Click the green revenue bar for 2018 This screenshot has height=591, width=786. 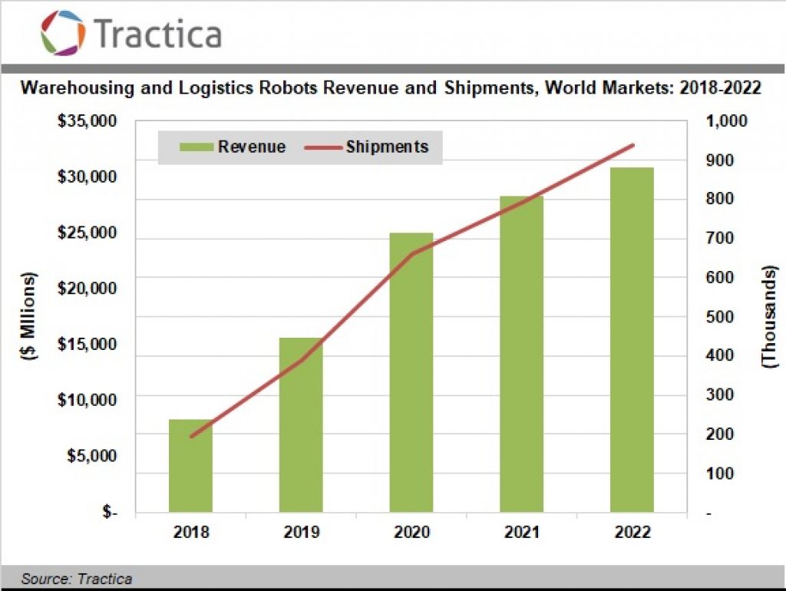[190, 465]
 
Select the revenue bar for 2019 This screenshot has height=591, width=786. [301, 424]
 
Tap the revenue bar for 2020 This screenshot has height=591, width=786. [411, 372]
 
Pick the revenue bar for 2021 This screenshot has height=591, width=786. [521, 354]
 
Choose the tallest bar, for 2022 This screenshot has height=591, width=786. [632, 339]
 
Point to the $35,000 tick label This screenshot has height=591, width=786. [87, 122]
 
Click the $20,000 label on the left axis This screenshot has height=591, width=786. [87, 289]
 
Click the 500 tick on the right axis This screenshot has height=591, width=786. [721, 317]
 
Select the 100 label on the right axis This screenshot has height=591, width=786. [721, 474]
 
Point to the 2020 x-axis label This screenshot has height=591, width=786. [411, 533]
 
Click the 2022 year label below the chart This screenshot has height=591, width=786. [632, 533]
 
